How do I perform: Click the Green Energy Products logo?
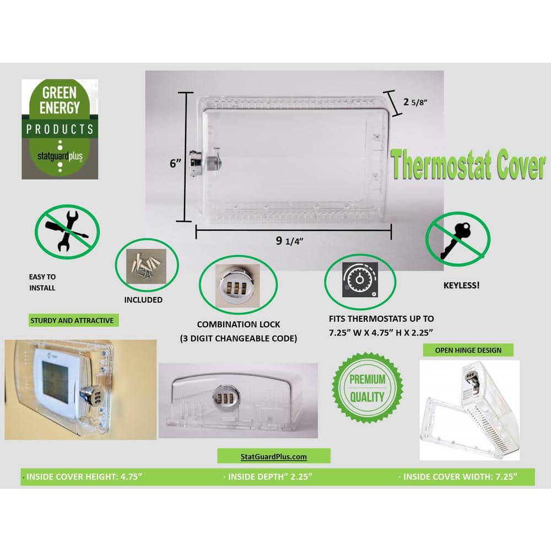60,129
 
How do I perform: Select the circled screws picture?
147,265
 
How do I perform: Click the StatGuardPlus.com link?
274,456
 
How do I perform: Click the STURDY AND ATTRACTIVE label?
72,320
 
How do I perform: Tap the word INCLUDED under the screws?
143,300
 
